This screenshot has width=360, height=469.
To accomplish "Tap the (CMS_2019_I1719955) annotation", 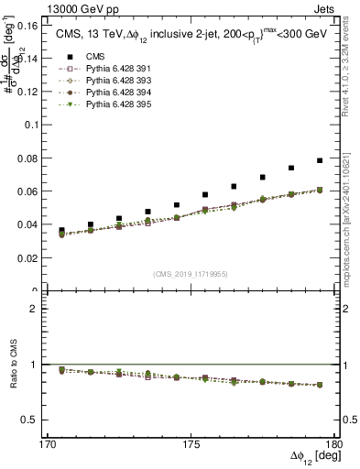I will coord(191,274).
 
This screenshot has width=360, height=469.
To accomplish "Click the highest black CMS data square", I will coord(320,160).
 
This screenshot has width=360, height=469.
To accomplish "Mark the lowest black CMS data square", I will coord(61,231).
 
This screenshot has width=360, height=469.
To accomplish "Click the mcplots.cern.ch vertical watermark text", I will coord(352,220).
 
